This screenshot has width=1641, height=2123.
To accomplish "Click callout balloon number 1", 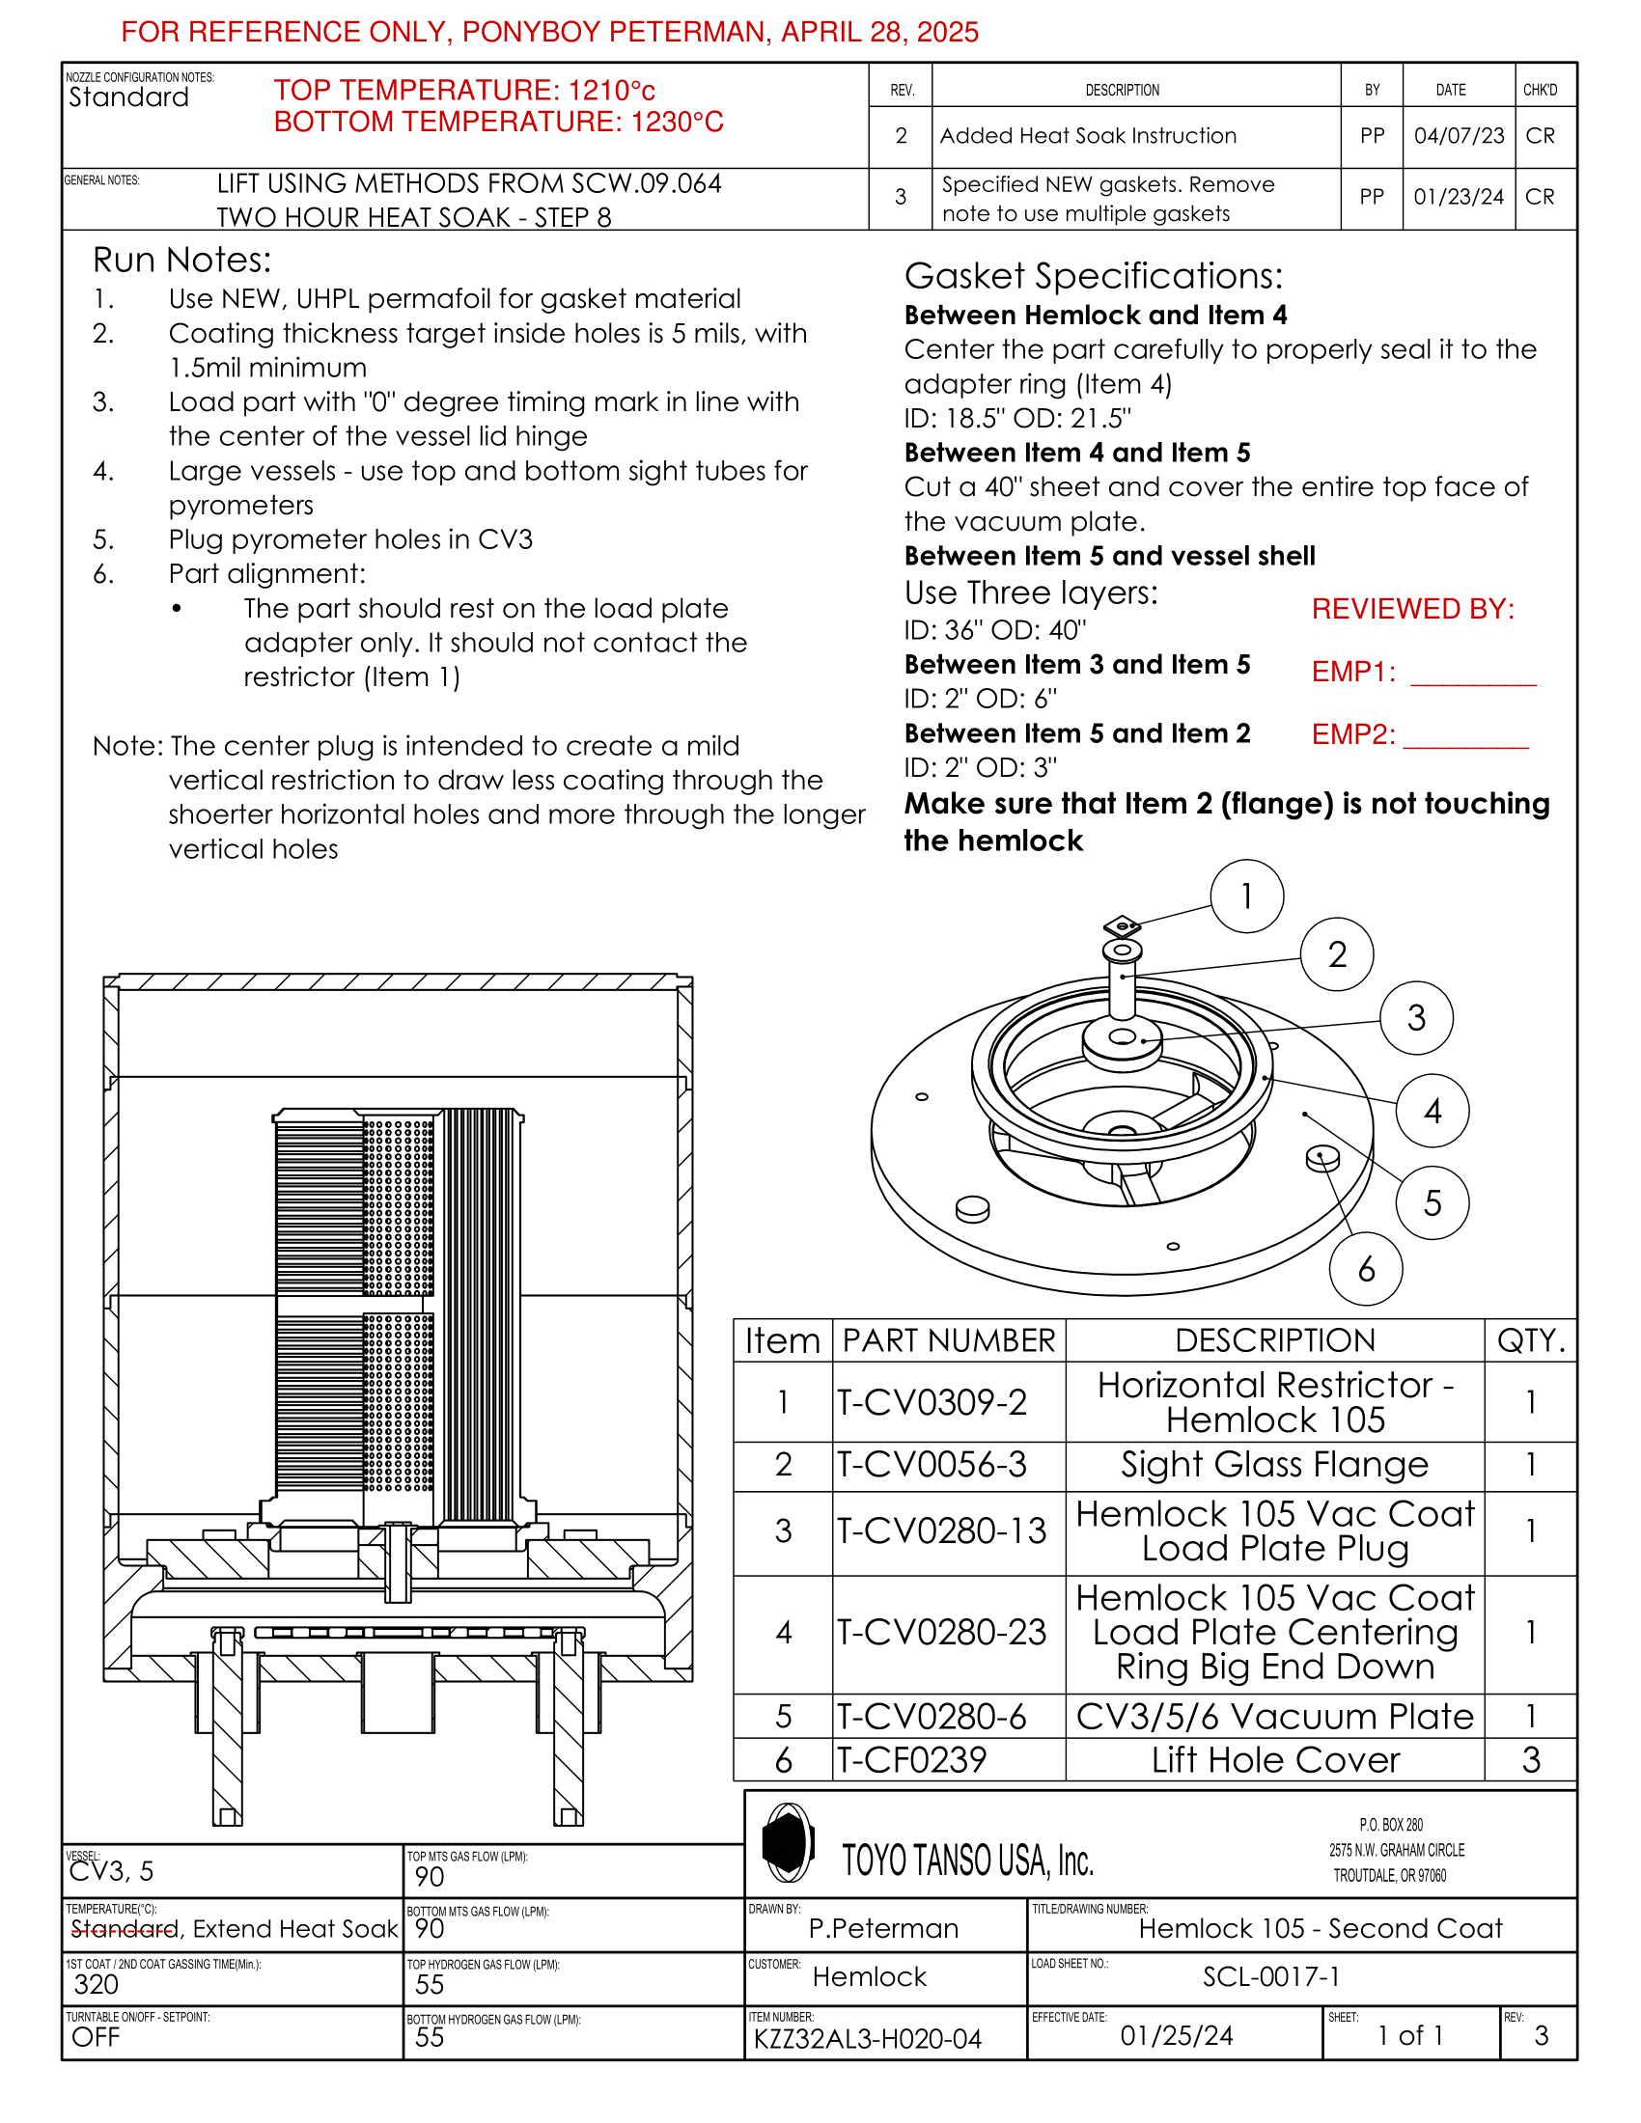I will pyautogui.click(x=1246, y=896).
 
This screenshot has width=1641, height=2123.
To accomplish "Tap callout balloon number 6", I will pyautogui.click(x=1366, y=1269).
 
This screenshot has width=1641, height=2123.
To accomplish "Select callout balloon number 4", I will pyautogui.click(x=1432, y=1111).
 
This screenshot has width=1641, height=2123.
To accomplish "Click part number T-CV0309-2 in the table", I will pyautogui.click(x=932, y=1402).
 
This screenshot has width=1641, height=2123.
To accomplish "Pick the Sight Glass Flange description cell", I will pyautogui.click(x=1274, y=1465).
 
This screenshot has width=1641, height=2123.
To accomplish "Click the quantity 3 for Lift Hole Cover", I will pyautogui.click(x=1530, y=1760).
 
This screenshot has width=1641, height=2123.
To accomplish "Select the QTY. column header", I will pyautogui.click(x=1531, y=1340).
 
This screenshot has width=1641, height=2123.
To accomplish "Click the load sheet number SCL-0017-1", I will pyautogui.click(x=1270, y=1976).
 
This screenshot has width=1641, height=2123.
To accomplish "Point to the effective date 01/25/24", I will pyautogui.click(x=1177, y=2035).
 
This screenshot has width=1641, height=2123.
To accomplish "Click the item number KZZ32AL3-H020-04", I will pyautogui.click(x=867, y=2038).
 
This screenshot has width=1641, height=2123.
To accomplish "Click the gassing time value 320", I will pyautogui.click(x=97, y=1984).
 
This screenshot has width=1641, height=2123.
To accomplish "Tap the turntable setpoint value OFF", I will pyautogui.click(x=96, y=2037).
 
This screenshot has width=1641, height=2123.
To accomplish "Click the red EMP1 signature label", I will pyautogui.click(x=1353, y=672).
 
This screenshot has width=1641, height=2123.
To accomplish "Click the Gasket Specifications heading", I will pyautogui.click(x=1093, y=276).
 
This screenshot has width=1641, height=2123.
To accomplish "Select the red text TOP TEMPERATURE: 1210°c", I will pyautogui.click(x=464, y=91).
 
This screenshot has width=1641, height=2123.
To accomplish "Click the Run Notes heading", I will pyautogui.click(x=181, y=260).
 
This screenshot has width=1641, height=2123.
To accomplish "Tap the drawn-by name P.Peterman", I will pyautogui.click(x=883, y=1929).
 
